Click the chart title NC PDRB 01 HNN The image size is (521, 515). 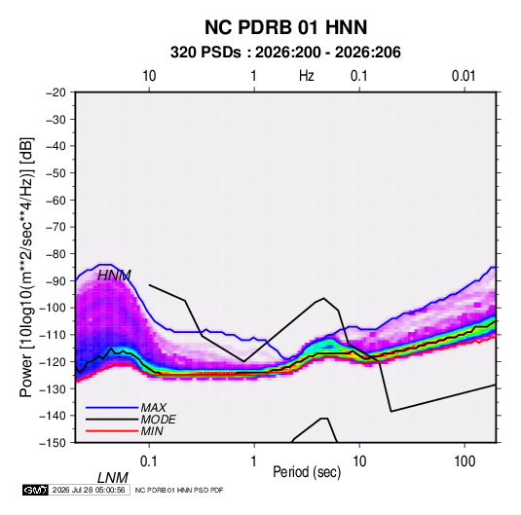285,27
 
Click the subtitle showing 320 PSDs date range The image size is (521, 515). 285,53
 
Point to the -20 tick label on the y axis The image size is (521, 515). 56,92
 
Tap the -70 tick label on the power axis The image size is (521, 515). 56,227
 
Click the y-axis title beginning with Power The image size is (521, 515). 26,268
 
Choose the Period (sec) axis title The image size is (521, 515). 307,472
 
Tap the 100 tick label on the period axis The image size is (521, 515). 465,461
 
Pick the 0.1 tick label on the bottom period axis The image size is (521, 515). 149,461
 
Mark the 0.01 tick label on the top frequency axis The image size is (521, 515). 464,76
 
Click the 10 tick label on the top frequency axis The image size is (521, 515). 149,76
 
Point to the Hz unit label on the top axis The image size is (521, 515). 307,76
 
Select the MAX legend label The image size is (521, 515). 154,408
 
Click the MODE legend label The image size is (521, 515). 158,420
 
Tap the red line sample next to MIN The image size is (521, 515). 112,431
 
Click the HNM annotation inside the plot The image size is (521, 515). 114,276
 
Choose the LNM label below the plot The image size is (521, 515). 113,478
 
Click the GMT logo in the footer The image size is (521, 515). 35,490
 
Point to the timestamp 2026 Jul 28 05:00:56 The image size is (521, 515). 89,490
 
